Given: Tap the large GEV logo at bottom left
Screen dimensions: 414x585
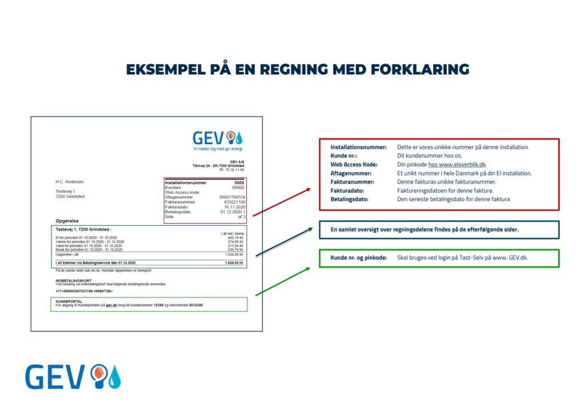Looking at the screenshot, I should pos(73,377).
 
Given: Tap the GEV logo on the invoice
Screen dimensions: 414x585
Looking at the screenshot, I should pos(218,138).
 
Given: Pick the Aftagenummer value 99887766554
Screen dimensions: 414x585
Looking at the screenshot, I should pos(231,197).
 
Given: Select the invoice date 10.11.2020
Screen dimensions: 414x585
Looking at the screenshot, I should pos(234,206).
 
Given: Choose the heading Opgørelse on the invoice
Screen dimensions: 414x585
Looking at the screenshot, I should pos(67,220).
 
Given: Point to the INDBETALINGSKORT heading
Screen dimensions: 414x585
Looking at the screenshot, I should pos(73,280).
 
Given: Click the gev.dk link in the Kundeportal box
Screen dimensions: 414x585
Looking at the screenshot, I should pos(111,305).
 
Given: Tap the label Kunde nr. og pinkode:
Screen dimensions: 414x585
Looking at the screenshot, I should pos(358,258).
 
